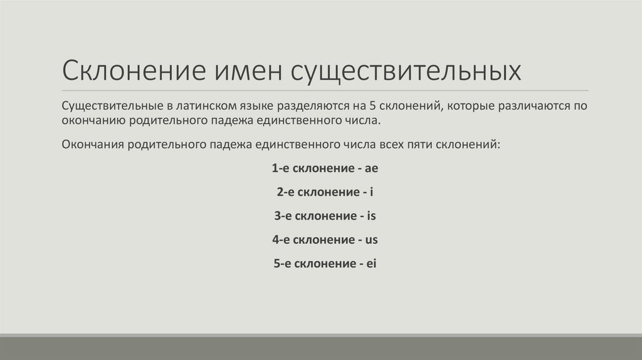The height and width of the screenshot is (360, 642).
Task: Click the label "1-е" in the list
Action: pyautogui.click(x=280, y=169)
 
